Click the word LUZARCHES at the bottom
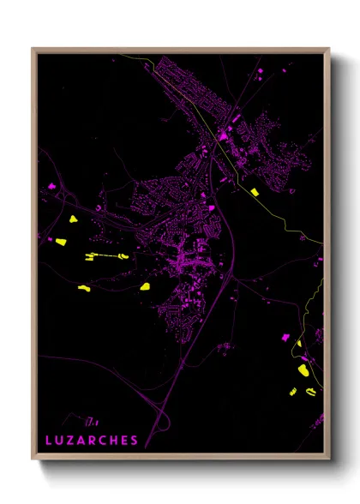coord(92,441)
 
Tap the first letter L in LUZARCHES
coord(49,441)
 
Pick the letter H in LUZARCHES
coord(113,441)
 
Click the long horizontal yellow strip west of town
coord(105,255)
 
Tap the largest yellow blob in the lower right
coord(303,369)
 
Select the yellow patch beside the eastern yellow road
coord(254,190)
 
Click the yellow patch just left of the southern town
coord(145,286)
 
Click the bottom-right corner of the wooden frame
coord(328,459)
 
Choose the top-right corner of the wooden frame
coord(328,48)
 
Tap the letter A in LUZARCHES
coord(81,441)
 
